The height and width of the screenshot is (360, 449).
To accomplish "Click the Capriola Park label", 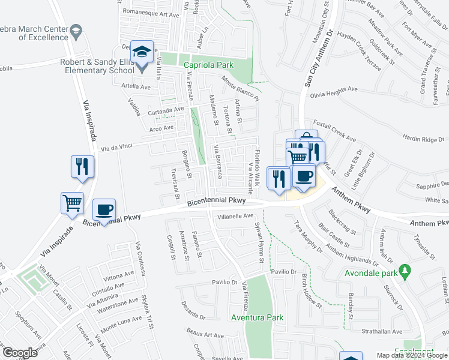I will coord(208,65).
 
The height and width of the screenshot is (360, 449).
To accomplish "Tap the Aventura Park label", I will coord(257,317).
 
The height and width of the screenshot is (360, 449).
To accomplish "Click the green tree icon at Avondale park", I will coord(406,271).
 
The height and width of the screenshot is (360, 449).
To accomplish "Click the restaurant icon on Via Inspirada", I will coord(83,167).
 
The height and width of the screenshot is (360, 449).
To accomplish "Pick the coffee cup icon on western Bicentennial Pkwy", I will coord(104,209).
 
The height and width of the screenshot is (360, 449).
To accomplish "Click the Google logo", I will coord(20,353).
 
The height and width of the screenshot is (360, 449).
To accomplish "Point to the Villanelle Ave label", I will coord(236,216).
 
